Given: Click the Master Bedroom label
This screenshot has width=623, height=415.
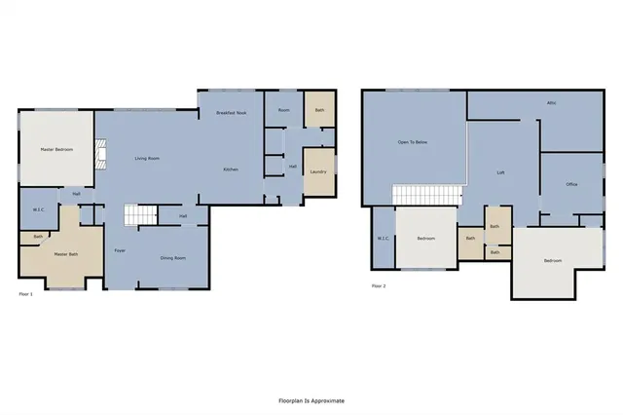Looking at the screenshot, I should (55, 149).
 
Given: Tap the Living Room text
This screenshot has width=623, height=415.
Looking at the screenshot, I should (147, 159).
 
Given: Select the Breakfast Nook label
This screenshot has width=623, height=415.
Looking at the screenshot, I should (231, 113).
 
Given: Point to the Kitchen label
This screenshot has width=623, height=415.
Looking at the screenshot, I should (231, 170).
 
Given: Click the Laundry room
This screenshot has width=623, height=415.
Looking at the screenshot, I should (318, 172).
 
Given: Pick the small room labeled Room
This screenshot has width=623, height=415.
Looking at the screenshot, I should (283, 110).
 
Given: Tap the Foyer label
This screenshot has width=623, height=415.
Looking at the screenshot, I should (120, 250).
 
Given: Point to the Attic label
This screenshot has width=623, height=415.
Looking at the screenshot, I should (551, 102).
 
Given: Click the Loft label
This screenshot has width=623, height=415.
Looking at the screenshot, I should (500, 172).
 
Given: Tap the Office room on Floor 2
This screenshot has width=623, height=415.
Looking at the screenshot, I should (571, 184).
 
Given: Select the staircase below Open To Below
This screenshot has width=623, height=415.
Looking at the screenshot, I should (424, 195).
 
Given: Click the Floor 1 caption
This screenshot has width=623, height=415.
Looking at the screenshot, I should (27, 292).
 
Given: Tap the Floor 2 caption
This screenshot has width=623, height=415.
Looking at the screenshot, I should (379, 286).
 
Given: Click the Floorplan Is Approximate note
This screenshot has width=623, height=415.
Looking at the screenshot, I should (311, 400).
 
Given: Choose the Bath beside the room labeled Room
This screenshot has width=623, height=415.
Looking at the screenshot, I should (318, 109).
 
